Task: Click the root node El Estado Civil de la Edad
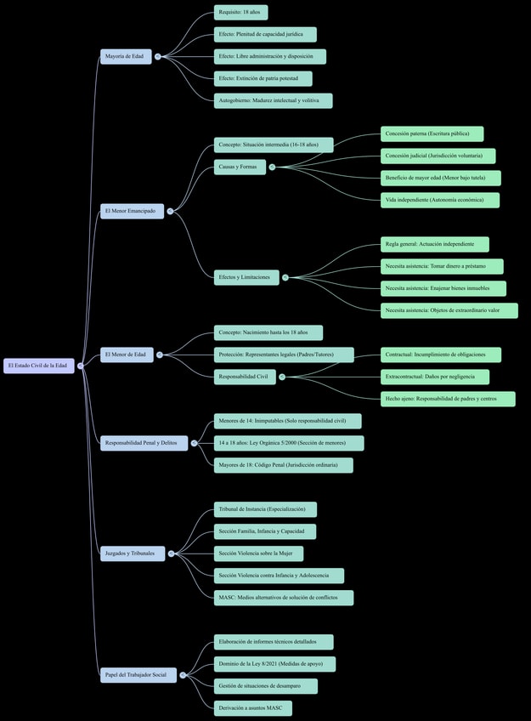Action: (x=39, y=366)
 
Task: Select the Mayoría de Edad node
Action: (x=126, y=57)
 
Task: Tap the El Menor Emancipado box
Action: (x=132, y=211)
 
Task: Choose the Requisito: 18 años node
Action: (x=240, y=13)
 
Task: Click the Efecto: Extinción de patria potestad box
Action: (x=263, y=78)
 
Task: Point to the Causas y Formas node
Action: (x=240, y=167)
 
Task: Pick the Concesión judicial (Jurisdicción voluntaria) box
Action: (x=438, y=156)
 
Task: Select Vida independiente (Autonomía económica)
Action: (x=440, y=200)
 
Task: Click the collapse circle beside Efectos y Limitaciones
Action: (x=285, y=278)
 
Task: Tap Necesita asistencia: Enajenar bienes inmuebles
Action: (x=443, y=288)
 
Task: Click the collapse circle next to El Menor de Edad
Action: (x=160, y=355)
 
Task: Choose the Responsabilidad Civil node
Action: (x=245, y=377)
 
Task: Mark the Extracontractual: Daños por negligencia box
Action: (x=435, y=377)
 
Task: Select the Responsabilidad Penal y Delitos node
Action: (x=144, y=443)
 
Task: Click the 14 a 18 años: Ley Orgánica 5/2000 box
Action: (x=289, y=443)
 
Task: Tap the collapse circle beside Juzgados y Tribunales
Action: (x=171, y=554)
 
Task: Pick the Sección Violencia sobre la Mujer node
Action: (x=258, y=554)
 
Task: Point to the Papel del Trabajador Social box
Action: (x=138, y=675)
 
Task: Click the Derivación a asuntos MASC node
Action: (x=253, y=708)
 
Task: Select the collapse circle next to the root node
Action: (x=81, y=366)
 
